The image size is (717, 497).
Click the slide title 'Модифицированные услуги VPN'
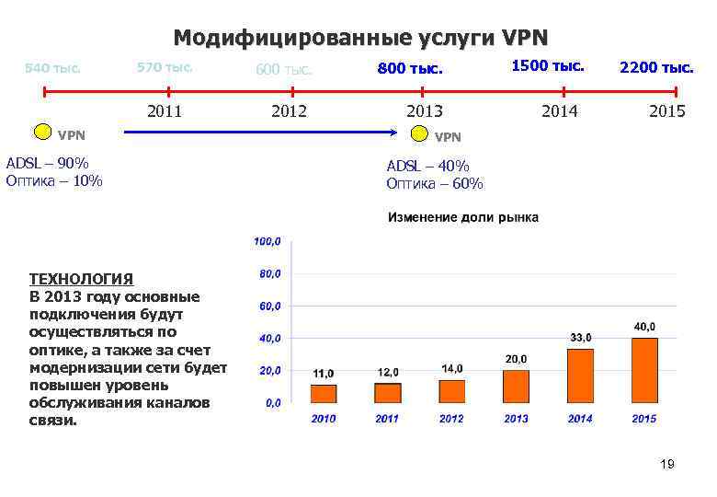tap(359, 38)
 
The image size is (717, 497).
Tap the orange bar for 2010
tap(324, 394)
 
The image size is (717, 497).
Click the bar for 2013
tap(516, 387)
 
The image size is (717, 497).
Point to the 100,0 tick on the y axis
tap(267, 242)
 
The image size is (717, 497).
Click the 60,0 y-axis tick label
tap(267, 306)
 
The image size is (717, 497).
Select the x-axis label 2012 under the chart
tap(451, 419)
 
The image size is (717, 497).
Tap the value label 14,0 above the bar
tap(452, 368)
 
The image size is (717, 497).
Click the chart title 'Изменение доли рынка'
tap(463, 217)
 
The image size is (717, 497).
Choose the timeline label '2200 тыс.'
tap(656, 67)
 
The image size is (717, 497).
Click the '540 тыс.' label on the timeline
tap(52, 67)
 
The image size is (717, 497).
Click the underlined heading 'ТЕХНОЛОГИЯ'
tap(81, 278)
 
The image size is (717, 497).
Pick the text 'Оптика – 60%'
tap(434, 183)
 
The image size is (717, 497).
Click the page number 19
tap(666, 465)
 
